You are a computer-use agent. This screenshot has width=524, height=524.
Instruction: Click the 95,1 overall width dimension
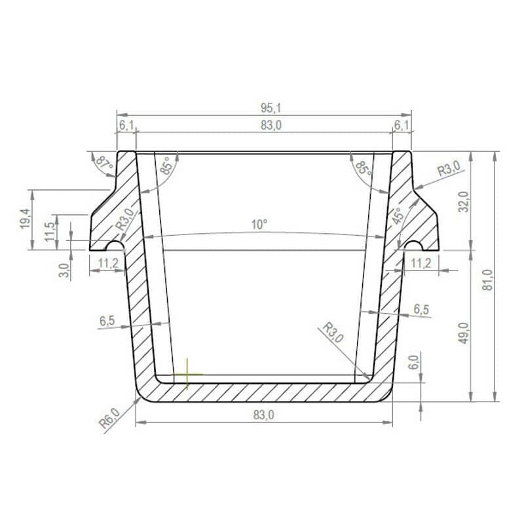[x=271, y=108]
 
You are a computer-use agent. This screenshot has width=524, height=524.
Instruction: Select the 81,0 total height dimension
[x=488, y=280]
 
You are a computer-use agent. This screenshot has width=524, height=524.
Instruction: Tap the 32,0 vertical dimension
[x=464, y=202]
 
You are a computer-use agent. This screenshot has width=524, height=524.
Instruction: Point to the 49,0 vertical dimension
[x=464, y=333]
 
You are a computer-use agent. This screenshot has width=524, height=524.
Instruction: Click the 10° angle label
[x=259, y=225]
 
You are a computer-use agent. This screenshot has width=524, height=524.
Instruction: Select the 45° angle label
[x=398, y=216]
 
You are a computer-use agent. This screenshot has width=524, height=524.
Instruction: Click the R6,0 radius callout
[x=109, y=419]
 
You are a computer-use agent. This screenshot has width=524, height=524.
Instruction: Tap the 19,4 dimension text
[x=26, y=219]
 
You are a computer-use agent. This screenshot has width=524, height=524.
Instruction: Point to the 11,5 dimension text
[x=50, y=232]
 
